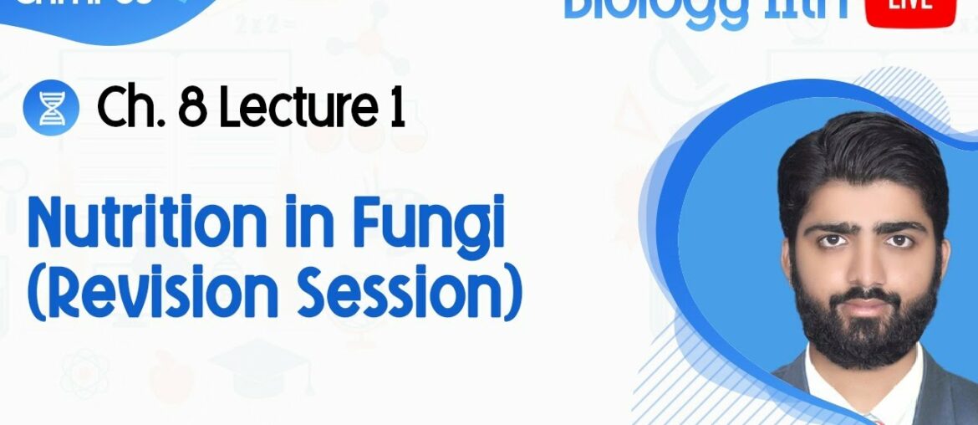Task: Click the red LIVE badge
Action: pos(912,10)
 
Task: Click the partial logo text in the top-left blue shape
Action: pos(33,5)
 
